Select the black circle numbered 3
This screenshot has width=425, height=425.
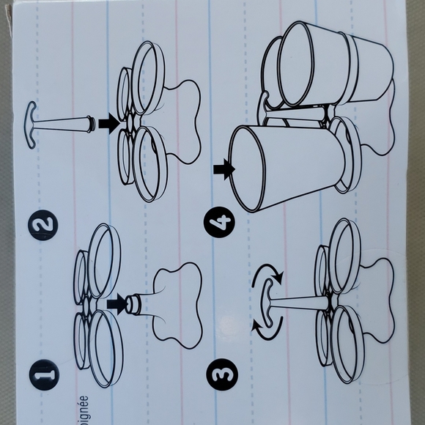[221, 374]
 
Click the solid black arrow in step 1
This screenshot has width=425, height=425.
[116, 302]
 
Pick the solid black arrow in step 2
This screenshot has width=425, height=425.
[108, 124]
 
